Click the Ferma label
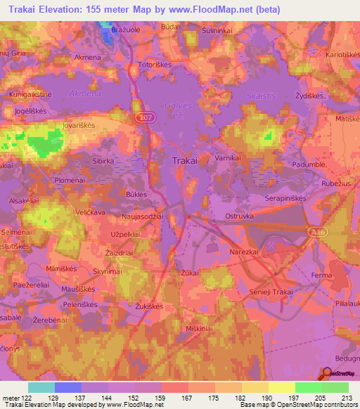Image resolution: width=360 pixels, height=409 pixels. [321, 276]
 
